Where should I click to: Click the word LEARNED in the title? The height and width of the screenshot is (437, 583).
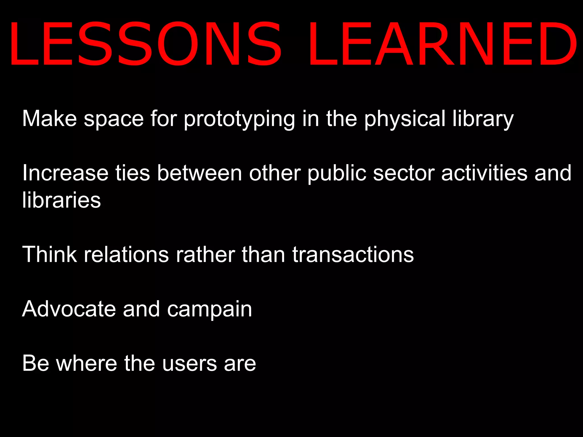tap(443, 44)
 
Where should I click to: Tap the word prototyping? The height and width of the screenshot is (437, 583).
tap(239, 119)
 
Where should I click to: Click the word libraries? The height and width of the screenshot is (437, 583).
tap(61, 200)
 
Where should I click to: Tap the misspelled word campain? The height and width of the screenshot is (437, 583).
tap(210, 309)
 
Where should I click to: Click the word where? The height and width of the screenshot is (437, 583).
tap(87, 363)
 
